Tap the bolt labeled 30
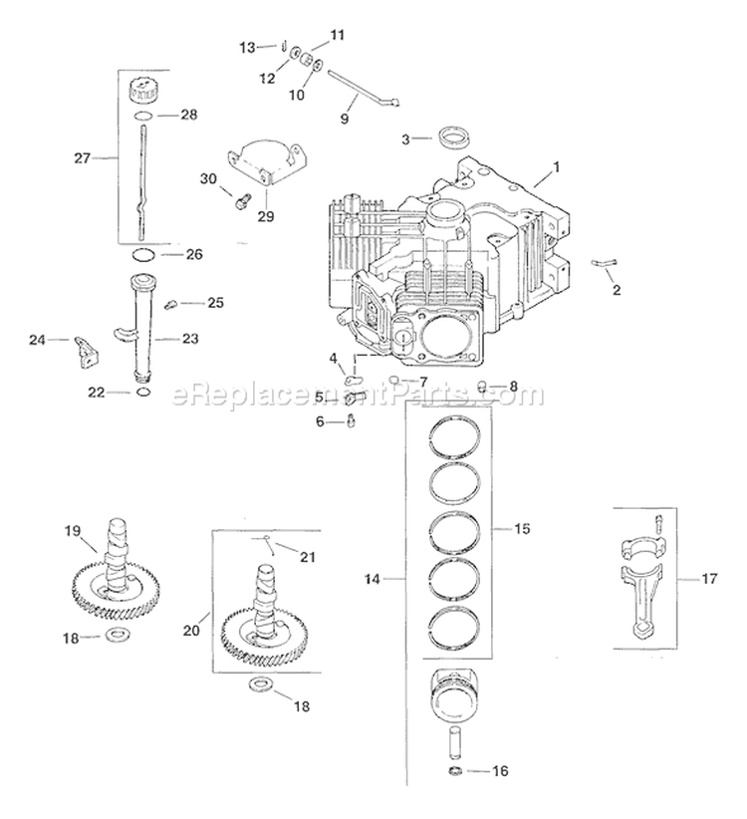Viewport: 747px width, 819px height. [239, 200]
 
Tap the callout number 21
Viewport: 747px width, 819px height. [307, 556]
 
